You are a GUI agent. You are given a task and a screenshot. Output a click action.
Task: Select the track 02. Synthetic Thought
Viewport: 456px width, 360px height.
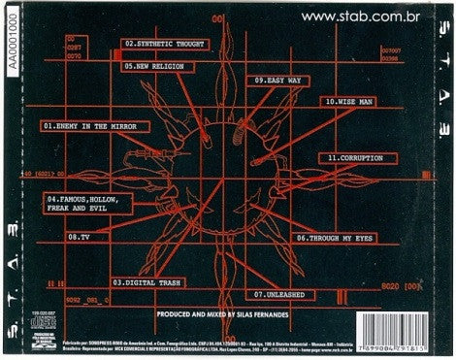coord(165,45)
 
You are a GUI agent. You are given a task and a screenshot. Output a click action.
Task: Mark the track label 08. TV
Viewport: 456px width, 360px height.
coord(79,236)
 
